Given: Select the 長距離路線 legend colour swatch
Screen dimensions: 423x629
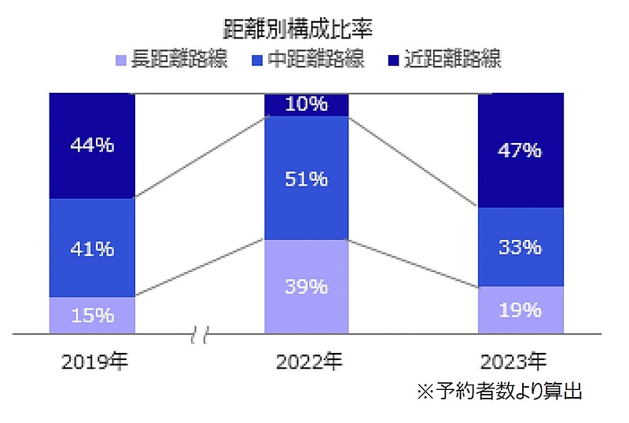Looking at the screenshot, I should click(x=120, y=60).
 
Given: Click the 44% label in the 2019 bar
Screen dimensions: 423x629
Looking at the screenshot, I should click(x=92, y=145).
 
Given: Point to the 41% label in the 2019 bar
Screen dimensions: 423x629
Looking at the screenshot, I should click(x=92, y=248).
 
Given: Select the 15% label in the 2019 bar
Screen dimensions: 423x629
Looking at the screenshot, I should click(x=92, y=315).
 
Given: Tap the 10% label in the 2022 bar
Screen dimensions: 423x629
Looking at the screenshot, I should click(x=307, y=103).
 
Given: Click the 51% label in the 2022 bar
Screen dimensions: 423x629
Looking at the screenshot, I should click(x=307, y=179).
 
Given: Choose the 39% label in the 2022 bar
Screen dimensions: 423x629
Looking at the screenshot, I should click(x=307, y=287).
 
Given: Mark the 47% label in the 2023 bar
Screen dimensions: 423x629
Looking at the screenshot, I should click(x=521, y=150).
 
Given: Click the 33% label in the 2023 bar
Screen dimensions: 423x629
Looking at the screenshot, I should click(x=521, y=247).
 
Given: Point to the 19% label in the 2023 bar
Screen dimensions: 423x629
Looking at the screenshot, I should click(x=521, y=310).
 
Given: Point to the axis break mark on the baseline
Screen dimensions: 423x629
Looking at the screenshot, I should click(x=200, y=336).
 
